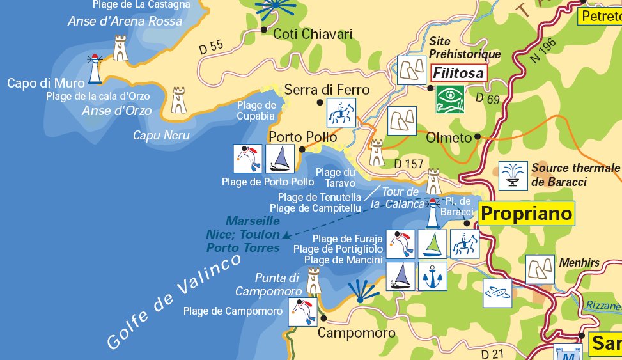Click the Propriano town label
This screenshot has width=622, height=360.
pos(527,214)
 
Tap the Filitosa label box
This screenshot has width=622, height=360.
pos(458,73)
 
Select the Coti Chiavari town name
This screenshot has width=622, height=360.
pos(313,34)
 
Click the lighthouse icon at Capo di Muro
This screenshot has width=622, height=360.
pos(96,69)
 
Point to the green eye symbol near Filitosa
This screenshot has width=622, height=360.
pos(450,99)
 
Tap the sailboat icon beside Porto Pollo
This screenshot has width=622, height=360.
pos(279,159)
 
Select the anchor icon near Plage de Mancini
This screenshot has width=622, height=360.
pos(432,276)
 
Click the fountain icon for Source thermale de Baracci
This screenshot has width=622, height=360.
pos(513,175)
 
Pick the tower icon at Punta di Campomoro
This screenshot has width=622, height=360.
pos(313,281)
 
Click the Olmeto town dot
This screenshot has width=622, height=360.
pos(478,137)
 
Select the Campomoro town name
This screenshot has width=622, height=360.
pos(357,333)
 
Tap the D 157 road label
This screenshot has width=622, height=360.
pos(409,164)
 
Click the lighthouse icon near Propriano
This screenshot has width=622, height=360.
pos(433,214)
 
